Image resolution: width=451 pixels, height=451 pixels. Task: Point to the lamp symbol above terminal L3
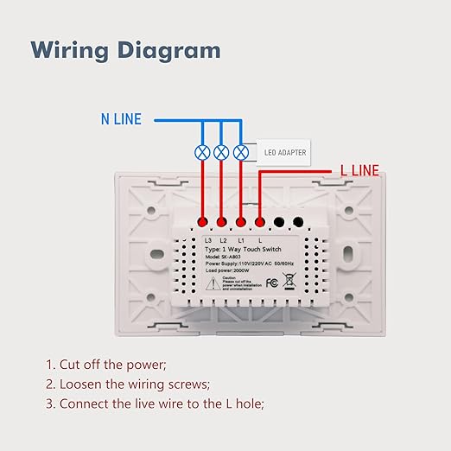[x=202, y=152]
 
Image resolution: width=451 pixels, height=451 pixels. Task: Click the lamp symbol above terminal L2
[x=222, y=152]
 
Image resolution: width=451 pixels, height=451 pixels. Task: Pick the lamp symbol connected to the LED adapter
[x=242, y=152]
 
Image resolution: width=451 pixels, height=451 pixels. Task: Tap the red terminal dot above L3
[x=202, y=221]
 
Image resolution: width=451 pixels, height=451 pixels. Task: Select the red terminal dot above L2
[x=222, y=221]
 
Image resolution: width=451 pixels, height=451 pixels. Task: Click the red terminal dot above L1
[x=242, y=221]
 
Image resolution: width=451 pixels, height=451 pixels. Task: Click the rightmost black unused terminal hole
[x=299, y=221]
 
